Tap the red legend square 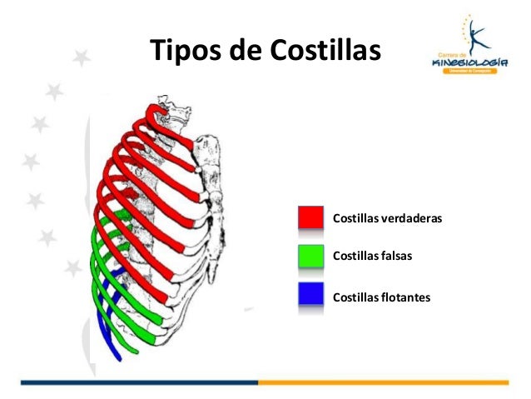coord(311,217)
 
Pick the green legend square coord(311,256)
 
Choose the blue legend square coord(311,294)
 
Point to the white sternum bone coord(212,192)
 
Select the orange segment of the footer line coord(383,382)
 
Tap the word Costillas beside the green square coord(356,257)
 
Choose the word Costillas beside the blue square coord(356,295)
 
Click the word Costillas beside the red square coord(356,218)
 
